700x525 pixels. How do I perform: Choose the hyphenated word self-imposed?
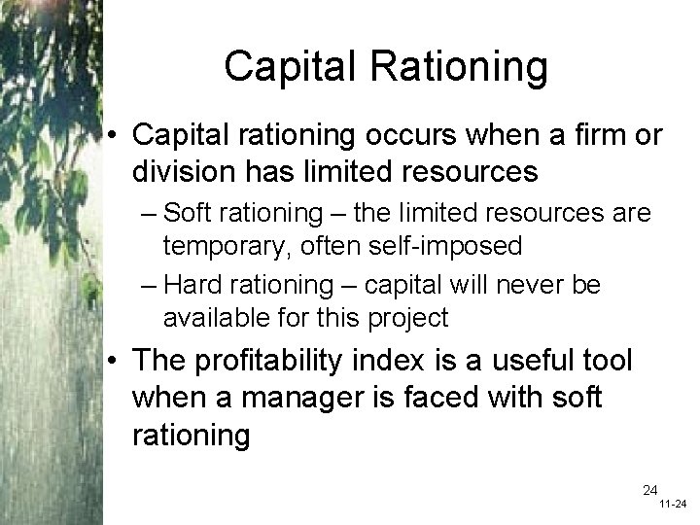(x=444, y=246)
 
